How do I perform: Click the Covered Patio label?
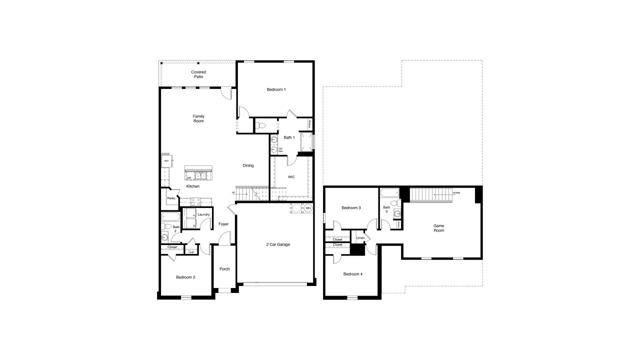[198, 74]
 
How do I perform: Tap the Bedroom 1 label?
[276, 89]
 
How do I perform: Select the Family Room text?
[198, 118]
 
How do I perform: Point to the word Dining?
[248, 165]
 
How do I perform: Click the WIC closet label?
[291, 177]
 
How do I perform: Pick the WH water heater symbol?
[308, 208]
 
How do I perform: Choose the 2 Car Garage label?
[278, 244]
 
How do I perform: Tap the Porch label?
[224, 269]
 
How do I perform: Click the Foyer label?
[223, 224]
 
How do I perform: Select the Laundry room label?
[203, 214]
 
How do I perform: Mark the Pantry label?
[171, 198]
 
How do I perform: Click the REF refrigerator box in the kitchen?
[166, 161]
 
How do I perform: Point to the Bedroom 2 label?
[185, 277]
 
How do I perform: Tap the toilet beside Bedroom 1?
[260, 125]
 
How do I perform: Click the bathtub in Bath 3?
[388, 192]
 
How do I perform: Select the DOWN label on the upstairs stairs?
[456, 192]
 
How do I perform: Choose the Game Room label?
[438, 228]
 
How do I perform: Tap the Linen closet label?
[360, 238]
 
